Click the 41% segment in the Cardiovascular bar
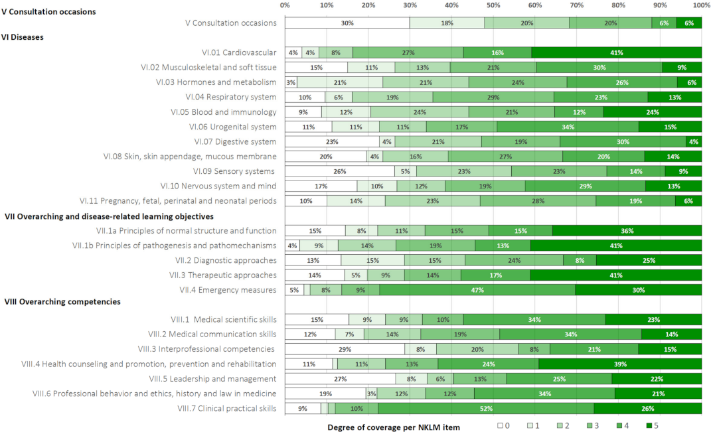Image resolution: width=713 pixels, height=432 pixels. click(616, 52)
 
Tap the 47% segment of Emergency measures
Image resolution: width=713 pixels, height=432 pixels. click(477, 290)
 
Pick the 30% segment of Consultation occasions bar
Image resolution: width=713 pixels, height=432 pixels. click(347, 23)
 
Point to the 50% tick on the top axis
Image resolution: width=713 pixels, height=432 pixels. click(493, 5)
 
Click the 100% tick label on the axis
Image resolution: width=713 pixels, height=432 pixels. click(701, 5)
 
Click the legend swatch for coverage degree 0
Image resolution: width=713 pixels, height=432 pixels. click(501, 425)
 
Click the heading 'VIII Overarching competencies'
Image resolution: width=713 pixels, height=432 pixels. click(62, 302)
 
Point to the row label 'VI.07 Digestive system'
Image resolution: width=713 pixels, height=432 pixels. click(235, 141)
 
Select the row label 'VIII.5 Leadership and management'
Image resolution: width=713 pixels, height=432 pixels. click(212, 379)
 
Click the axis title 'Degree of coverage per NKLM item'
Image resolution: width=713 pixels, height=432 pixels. click(394, 427)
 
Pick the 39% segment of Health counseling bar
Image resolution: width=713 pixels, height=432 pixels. click(620, 364)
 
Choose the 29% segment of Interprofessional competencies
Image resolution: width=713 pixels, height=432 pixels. click(345, 349)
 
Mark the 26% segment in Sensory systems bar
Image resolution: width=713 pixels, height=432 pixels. click(339, 171)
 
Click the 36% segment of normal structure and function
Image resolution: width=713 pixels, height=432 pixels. click(627, 231)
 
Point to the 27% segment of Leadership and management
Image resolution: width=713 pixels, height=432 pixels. click(341, 379)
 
